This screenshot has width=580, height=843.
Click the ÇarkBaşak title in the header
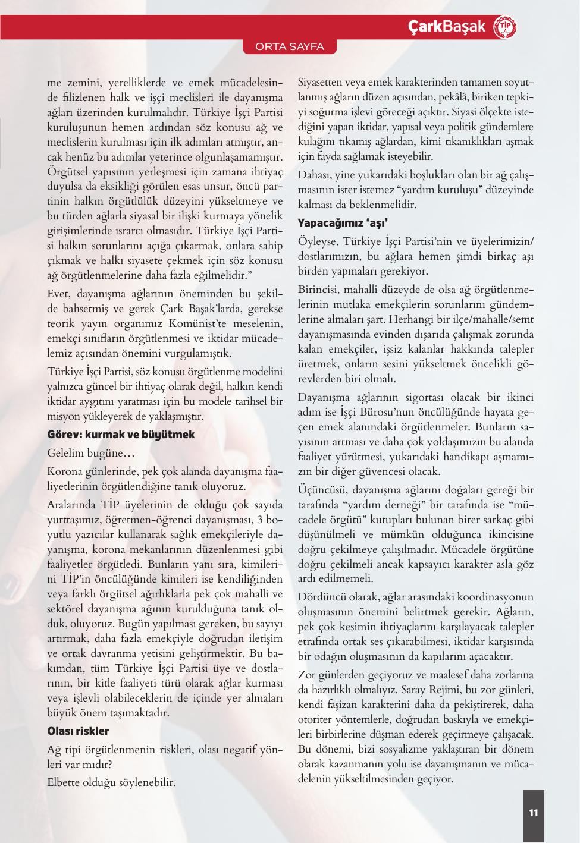pyautogui.click(x=447, y=27)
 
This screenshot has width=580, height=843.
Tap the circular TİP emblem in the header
pyautogui.click(x=506, y=27)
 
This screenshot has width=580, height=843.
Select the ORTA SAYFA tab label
pyautogui.click(x=290, y=47)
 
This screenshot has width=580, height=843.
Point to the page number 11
pyautogui.click(x=534, y=813)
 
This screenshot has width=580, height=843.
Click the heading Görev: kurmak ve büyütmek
pyautogui.click(x=121, y=435)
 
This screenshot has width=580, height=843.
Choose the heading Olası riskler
pyautogui.click(x=78, y=731)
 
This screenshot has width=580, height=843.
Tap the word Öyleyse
pyautogui.click(x=317, y=242)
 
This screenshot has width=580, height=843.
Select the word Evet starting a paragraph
pyautogui.click(x=58, y=295)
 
